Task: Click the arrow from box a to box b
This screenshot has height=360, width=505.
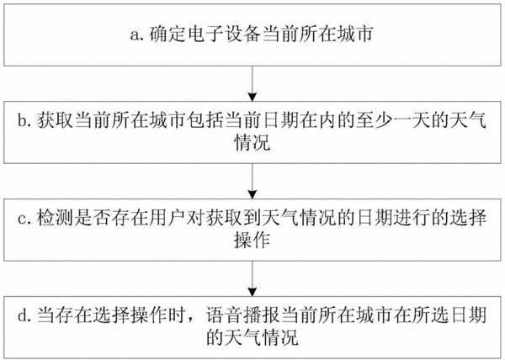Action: coord(252,83)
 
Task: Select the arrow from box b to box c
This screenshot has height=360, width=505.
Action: coord(252,181)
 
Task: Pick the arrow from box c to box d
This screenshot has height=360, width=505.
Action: coord(252,278)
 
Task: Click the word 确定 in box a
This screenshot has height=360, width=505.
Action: coord(167,34)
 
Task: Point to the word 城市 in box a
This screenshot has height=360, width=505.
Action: coord(354,34)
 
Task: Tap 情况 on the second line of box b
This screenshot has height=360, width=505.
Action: coord(252,142)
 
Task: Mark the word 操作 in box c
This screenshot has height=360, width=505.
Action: coord(252,240)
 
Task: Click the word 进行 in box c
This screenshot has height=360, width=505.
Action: coord(411,218)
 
